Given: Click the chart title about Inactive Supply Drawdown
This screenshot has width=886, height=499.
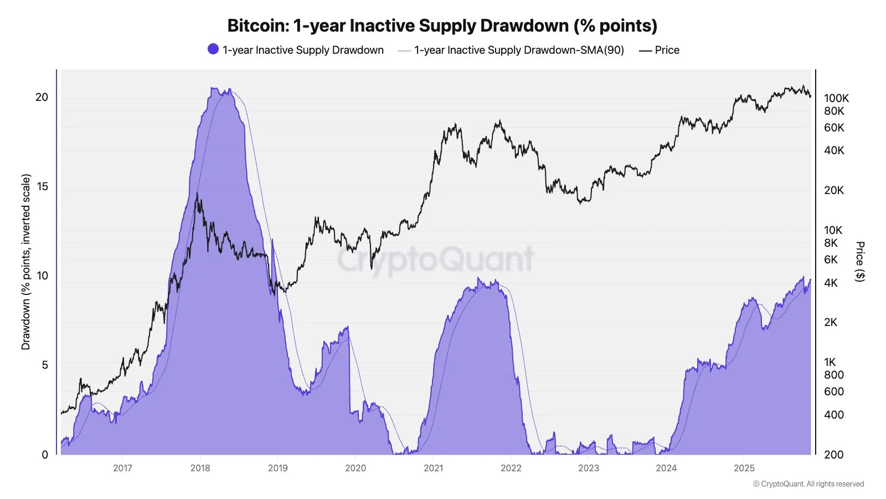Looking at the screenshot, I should click(x=442, y=26).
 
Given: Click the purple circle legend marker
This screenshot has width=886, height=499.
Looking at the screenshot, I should click(x=213, y=49).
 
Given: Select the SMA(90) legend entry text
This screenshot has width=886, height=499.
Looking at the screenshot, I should click(x=519, y=50).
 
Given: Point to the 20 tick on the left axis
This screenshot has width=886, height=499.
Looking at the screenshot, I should click(x=42, y=97).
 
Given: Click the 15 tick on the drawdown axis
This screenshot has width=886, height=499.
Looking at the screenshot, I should click(x=42, y=186).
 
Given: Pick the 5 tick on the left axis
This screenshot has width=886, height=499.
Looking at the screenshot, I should click(x=45, y=365).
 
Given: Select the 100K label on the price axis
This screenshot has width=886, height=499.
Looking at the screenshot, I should click(x=836, y=98).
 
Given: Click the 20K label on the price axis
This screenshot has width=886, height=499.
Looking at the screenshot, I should click(x=834, y=190).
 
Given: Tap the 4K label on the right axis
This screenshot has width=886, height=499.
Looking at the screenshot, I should click(x=831, y=283).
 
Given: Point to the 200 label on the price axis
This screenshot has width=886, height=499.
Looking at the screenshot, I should click(x=833, y=455).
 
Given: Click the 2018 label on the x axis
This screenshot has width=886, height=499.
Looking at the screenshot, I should click(x=200, y=468).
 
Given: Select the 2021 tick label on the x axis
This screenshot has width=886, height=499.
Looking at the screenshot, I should click(x=433, y=468).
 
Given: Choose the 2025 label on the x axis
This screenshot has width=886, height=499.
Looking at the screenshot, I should click(x=744, y=468).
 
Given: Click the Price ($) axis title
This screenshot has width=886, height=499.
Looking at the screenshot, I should click(x=859, y=262).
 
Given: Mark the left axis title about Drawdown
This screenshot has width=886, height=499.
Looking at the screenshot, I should click(x=26, y=262).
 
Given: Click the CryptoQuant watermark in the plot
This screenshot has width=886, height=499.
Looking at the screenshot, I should click(x=435, y=259).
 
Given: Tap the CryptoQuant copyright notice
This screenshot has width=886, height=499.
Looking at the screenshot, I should click(x=808, y=484).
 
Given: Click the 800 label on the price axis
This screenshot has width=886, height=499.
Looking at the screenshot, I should click(x=833, y=375).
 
